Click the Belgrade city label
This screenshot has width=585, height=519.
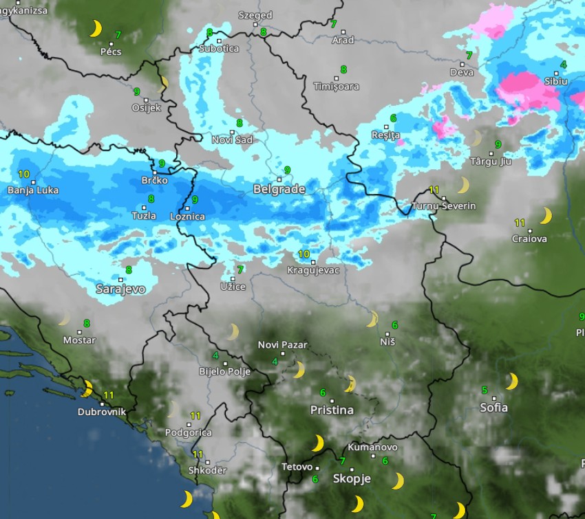[279, 189]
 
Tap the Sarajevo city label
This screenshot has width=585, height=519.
[120, 289]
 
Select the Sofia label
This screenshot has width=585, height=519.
[493, 408]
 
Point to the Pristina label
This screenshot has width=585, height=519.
[332, 410]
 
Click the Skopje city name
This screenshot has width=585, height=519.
[352, 479]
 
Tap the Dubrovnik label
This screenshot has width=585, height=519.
[102, 412]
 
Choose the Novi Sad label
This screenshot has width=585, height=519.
[232, 140]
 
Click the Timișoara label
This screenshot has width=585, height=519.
[336, 87]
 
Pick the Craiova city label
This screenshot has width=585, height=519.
[529, 239]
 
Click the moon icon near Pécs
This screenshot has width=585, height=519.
[96, 28]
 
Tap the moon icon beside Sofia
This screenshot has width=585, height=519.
[511, 381]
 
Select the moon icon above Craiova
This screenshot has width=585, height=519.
[545, 216]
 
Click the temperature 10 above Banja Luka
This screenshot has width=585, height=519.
[24, 175]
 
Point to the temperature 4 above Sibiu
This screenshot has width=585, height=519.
[564, 65]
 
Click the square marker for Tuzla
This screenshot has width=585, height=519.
[145, 207]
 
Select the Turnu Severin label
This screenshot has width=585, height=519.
[443, 206]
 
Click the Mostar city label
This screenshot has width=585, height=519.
[79, 340]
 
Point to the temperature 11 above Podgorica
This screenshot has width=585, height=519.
[195, 416]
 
